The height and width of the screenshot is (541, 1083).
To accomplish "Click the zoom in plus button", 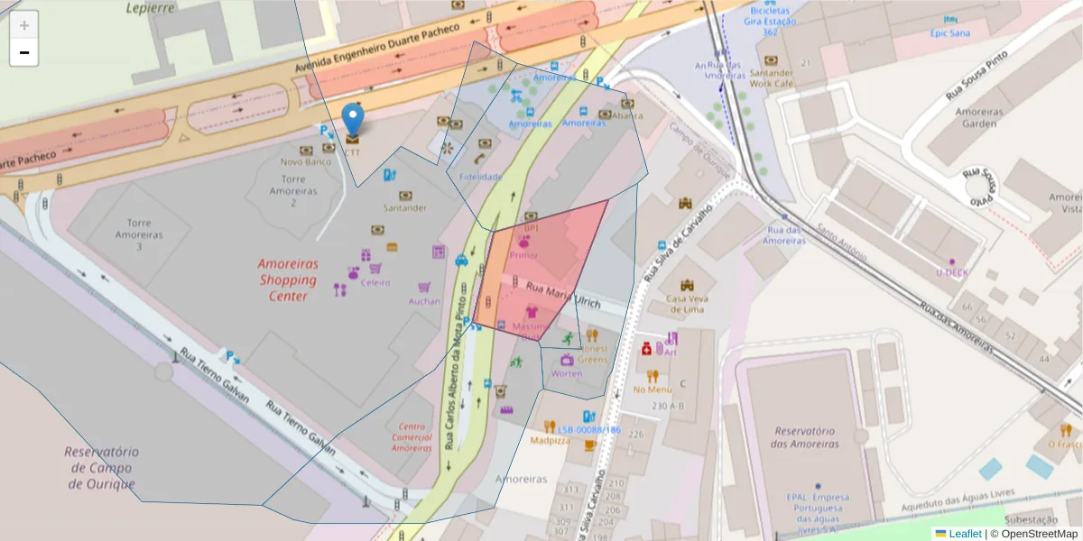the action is point(24,25).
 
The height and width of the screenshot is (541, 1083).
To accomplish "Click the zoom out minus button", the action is point(24,52).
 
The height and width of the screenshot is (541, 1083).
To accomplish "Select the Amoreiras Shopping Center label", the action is point(288,280).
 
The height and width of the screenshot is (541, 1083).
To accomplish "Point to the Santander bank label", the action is point(404,208).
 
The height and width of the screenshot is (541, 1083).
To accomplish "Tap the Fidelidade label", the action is point(480,177).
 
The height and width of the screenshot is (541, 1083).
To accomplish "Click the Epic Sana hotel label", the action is point(949,33).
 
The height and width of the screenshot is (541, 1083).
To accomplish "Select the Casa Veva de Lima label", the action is point(688,304).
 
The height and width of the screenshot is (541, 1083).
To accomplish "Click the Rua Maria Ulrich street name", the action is point(562,296).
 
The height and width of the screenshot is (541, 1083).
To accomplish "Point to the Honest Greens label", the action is point(593,353).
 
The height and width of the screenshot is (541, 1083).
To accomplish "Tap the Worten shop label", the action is point(567,373).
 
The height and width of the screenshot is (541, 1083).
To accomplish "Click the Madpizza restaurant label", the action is point(550,441).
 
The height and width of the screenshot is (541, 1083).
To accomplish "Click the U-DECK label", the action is point(951,272).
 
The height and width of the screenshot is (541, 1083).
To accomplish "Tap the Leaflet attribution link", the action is point(964,534).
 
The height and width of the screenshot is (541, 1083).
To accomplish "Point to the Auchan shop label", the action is point(424,301).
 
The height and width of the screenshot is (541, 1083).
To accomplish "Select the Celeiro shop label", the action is point(375,282).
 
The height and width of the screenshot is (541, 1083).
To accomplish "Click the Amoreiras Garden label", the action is point(980,117).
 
